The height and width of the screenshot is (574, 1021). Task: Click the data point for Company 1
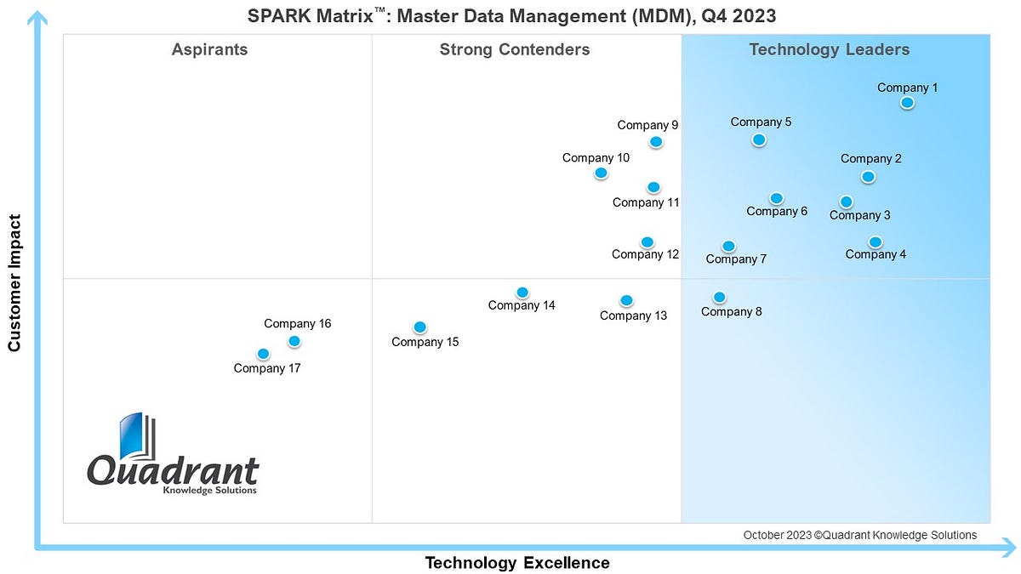[x=907, y=103]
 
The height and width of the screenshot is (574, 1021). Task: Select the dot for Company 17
[x=263, y=354]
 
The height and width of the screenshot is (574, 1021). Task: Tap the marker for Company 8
[x=719, y=298]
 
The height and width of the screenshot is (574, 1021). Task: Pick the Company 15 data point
[x=419, y=327]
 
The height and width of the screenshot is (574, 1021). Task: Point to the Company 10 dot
[x=601, y=173]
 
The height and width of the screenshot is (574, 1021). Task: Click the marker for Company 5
[x=759, y=139]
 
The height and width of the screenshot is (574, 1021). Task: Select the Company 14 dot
[x=522, y=293]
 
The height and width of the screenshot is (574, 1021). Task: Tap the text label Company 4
[x=876, y=254]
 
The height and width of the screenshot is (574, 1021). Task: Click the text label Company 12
[x=645, y=254]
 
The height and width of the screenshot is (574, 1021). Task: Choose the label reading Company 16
[x=297, y=324]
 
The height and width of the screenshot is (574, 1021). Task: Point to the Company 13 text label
[x=633, y=315]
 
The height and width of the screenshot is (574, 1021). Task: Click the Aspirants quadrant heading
[x=209, y=49]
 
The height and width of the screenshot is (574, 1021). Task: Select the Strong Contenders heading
[x=514, y=49]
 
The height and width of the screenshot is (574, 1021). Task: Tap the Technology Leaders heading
[x=829, y=49]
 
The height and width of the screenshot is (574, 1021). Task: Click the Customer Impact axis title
[x=14, y=283]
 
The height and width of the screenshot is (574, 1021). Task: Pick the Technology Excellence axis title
[x=516, y=563]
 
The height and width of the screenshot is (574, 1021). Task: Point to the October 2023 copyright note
[x=859, y=535]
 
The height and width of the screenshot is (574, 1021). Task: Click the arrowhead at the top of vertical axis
[x=37, y=19]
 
